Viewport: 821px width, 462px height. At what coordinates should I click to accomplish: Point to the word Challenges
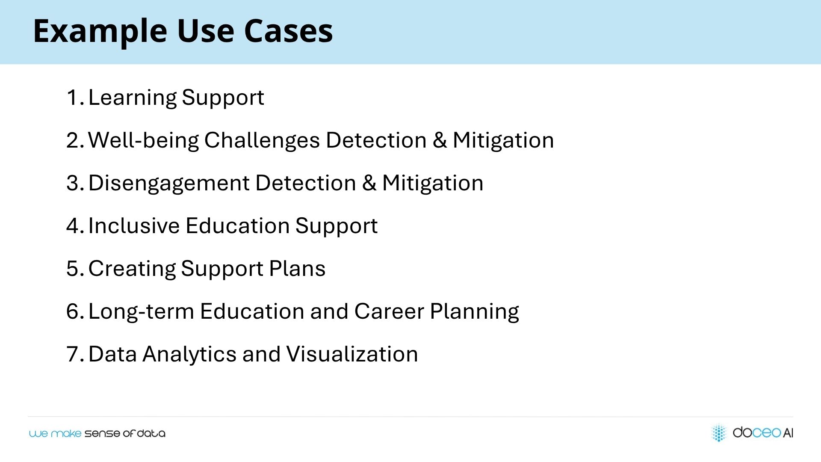coord(262,141)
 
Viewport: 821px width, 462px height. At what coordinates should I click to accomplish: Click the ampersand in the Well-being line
coord(440,141)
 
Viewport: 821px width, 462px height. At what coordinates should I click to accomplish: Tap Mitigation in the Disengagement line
coord(433,184)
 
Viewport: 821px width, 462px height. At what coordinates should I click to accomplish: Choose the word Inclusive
coord(134,226)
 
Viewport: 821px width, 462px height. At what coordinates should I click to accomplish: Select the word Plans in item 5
coord(297,269)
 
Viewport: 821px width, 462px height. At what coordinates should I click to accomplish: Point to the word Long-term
coord(141,312)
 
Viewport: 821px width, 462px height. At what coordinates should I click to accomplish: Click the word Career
coord(389,311)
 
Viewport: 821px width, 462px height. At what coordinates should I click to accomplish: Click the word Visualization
coord(352,354)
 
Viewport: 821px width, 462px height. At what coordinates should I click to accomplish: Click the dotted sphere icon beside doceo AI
coord(719,432)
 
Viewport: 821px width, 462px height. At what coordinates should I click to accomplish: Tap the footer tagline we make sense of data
coord(97,433)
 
